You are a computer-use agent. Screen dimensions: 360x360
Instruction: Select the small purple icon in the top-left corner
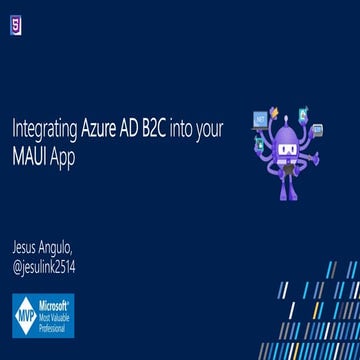16,27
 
